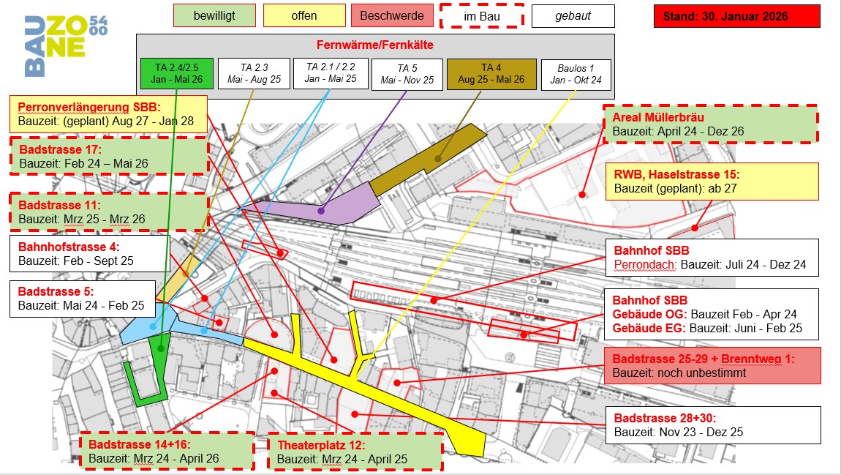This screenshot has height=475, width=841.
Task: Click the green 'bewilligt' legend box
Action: (x=214, y=15)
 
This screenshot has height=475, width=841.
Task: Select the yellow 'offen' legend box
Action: (x=303, y=15)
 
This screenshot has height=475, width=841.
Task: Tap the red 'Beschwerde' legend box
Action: (x=393, y=15)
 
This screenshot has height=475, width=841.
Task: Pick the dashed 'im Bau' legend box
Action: (x=482, y=15)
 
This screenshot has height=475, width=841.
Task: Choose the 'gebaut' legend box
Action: (x=573, y=15)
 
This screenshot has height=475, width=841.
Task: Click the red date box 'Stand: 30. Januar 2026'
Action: (x=736, y=15)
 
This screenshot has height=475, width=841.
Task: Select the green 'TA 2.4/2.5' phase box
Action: (x=177, y=74)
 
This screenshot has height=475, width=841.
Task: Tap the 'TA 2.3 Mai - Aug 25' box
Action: (x=253, y=74)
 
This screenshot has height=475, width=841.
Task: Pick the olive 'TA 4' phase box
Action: (x=491, y=74)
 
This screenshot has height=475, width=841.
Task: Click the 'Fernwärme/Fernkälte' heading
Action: (x=374, y=45)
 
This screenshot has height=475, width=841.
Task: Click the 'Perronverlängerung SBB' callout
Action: (x=108, y=113)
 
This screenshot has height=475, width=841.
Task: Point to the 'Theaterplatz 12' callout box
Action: (x=355, y=452)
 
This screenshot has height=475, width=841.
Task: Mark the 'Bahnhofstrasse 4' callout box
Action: (x=89, y=253)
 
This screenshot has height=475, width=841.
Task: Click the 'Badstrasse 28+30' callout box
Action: (x=713, y=424)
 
